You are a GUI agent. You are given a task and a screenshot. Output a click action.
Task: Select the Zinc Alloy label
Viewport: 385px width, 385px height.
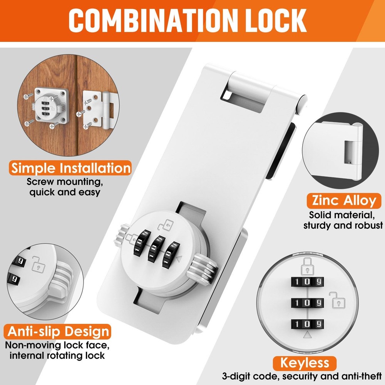(x=341, y=201)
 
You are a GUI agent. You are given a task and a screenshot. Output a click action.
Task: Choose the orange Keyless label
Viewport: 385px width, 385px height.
(x=304, y=363)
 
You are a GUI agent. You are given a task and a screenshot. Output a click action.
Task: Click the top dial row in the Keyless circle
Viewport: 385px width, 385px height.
(x=307, y=281)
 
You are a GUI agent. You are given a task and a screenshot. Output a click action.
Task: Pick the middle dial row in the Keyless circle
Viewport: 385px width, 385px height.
(x=307, y=302)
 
